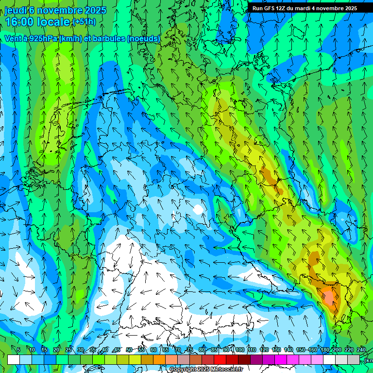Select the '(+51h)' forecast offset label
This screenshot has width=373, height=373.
point(84,22)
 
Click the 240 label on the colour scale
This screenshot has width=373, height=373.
point(361,350)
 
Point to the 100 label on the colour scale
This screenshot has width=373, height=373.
point(239,350)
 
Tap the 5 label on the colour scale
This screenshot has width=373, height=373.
point(18,350)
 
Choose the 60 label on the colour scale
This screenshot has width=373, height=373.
point(153,350)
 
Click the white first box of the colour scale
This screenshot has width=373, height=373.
point(14,359)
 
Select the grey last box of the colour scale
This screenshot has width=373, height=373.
point(354,359)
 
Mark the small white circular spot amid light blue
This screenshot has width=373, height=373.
point(198,209)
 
